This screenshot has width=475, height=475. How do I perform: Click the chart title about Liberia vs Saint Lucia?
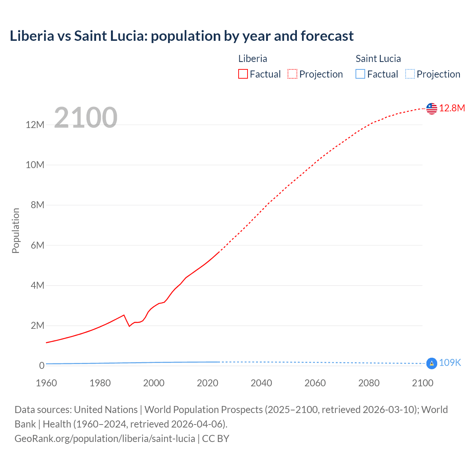click(181, 36)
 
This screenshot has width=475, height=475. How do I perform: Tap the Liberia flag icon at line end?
click(432, 108)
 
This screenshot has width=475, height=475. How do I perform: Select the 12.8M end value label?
click(452, 108)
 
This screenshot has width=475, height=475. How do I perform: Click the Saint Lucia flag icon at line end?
click(432, 363)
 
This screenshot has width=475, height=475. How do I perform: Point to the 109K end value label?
click(450, 363)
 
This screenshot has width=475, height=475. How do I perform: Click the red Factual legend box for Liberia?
click(243, 74)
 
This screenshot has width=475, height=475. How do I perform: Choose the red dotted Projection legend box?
click(292, 74)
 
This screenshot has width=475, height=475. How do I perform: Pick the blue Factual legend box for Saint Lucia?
click(360, 74)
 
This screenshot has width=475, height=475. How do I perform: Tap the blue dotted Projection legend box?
click(410, 74)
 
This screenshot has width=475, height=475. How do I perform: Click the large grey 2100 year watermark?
click(86, 118)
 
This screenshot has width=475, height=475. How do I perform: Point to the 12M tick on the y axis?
click(35, 125)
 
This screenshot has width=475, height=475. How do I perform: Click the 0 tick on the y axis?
click(42, 366)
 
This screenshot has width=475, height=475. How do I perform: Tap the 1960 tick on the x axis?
click(46, 383)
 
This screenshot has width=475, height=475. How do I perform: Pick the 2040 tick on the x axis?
click(261, 383)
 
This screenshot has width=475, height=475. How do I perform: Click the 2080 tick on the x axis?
click(369, 383)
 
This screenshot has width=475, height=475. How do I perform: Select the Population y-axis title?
click(16, 230)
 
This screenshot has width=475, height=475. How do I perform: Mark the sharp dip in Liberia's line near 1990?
click(129, 326)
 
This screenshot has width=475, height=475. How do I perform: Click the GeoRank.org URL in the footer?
click(105, 439)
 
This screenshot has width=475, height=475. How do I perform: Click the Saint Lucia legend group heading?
click(378, 59)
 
